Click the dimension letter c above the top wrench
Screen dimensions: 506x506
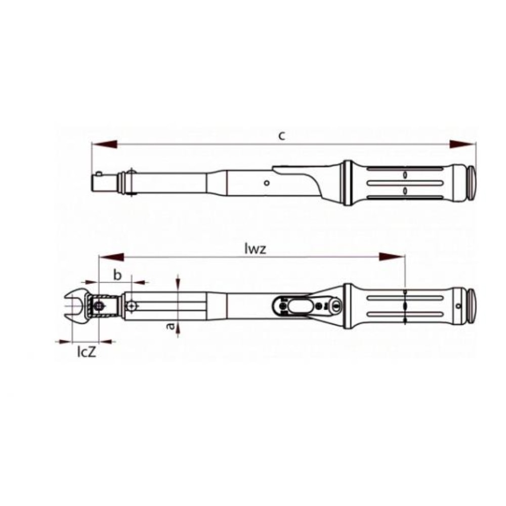[282, 136]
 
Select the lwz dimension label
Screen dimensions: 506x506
[255, 249]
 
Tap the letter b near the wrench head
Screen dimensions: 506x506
[118, 275]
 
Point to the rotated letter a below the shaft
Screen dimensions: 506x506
[170, 326]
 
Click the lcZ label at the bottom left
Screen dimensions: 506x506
[87, 352]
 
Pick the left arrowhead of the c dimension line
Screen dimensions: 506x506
[104, 144]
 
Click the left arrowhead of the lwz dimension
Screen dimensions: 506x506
[111, 257]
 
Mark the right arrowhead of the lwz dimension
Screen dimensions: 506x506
[392, 257]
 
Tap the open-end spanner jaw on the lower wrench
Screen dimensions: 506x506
[76, 305]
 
